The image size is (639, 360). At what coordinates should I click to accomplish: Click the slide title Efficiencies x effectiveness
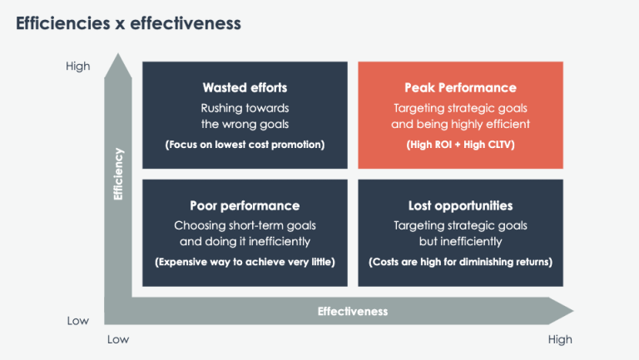(128, 22)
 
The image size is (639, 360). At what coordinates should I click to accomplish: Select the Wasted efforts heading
(245, 87)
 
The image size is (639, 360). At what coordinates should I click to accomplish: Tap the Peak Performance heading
(460, 87)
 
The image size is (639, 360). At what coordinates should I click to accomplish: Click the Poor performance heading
(245, 205)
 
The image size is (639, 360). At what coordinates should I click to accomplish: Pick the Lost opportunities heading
(460, 205)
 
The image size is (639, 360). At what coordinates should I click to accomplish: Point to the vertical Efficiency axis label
(118, 174)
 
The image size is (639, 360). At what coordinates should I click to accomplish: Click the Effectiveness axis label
(353, 311)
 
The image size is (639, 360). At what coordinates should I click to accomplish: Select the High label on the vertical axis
(78, 67)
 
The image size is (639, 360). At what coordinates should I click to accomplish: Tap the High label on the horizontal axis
(560, 339)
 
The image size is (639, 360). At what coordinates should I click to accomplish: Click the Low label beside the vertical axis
(78, 321)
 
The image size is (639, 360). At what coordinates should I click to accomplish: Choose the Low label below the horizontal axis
(119, 339)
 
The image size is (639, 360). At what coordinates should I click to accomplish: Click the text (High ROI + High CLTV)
(460, 145)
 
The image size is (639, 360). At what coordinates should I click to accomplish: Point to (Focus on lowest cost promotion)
(245, 145)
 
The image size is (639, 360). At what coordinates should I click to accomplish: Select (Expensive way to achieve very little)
(245, 262)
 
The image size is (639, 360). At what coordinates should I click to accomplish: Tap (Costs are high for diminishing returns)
(460, 262)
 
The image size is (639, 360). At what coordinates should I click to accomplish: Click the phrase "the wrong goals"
(245, 125)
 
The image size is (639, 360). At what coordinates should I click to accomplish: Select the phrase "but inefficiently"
(460, 242)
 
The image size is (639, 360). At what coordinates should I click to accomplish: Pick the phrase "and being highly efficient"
(460, 125)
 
